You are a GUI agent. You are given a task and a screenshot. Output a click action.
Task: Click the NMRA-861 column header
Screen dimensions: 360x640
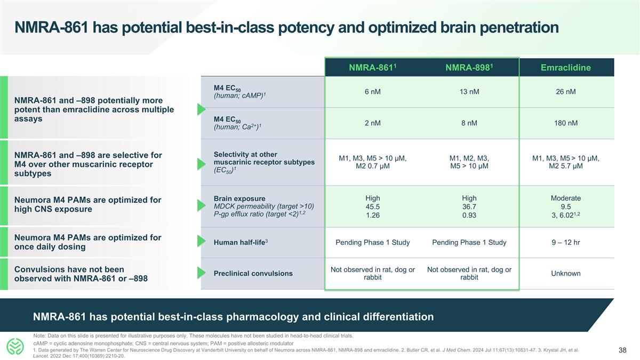coord(372,68)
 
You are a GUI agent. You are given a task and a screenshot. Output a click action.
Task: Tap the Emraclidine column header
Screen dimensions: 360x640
coord(566,68)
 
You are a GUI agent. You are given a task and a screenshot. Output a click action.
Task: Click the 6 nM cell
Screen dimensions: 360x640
coord(372,92)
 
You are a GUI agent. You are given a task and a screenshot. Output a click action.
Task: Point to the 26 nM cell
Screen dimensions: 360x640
coord(566,92)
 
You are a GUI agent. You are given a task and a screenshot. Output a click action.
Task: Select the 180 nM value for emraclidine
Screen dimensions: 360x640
coord(566,123)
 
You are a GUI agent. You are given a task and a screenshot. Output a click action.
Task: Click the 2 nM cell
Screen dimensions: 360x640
coord(372,123)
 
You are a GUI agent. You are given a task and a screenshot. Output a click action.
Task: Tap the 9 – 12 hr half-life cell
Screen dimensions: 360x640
coord(566,243)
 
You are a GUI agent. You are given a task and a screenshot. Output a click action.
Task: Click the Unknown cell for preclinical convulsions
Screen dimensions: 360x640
coord(566,274)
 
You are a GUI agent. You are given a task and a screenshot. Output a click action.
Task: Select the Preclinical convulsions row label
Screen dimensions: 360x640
coord(253,274)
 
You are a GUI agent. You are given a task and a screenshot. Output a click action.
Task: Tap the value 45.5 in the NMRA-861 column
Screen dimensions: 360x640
coord(372,207)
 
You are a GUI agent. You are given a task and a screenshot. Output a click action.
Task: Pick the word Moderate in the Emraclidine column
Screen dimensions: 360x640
coord(566,198)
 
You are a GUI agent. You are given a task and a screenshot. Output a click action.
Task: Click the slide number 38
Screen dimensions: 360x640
coord(622,350)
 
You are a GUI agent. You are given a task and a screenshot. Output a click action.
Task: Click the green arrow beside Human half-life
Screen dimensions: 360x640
coord(202,242)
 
